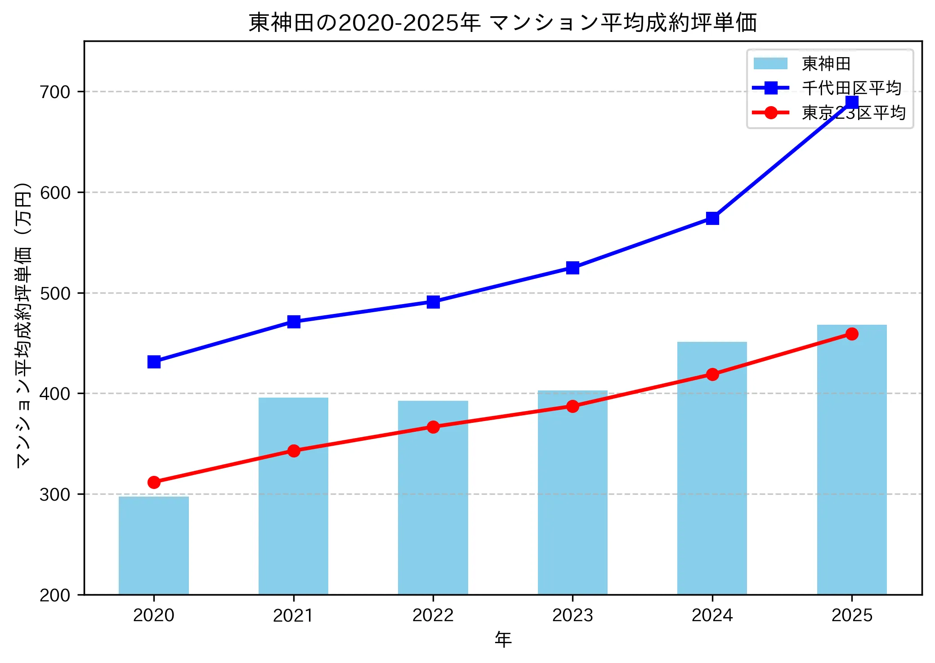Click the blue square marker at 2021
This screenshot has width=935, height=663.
[x=294, y=322]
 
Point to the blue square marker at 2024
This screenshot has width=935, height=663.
[x=712, y=219]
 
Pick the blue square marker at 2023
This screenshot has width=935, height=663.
[x=573, y=268]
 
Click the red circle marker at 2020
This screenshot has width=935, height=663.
[x=154, y=482]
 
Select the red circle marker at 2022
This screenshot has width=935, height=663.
[x=433, y=427]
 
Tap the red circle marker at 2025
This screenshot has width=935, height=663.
[x=852, y=334]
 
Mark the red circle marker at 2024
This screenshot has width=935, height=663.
[x=712, y=374]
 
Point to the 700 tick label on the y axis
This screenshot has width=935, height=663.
[x=55, y=92]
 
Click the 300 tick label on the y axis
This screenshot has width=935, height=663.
[x=55, y=494]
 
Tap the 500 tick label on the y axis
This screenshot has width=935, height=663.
[x=55, y=293]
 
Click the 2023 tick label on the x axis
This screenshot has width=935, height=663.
[x=573, y=615]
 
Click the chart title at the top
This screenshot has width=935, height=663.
[x=503, y=22]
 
